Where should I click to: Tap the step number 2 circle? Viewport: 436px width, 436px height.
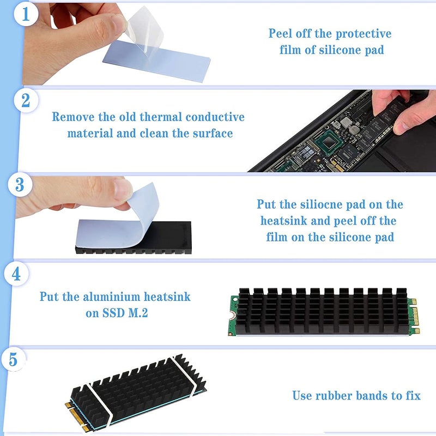25,101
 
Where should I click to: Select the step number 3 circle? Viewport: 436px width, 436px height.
20,185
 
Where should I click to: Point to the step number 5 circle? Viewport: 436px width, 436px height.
13,360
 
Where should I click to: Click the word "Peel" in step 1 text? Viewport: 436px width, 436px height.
281,34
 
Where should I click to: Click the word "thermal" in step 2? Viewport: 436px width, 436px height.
161,117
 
